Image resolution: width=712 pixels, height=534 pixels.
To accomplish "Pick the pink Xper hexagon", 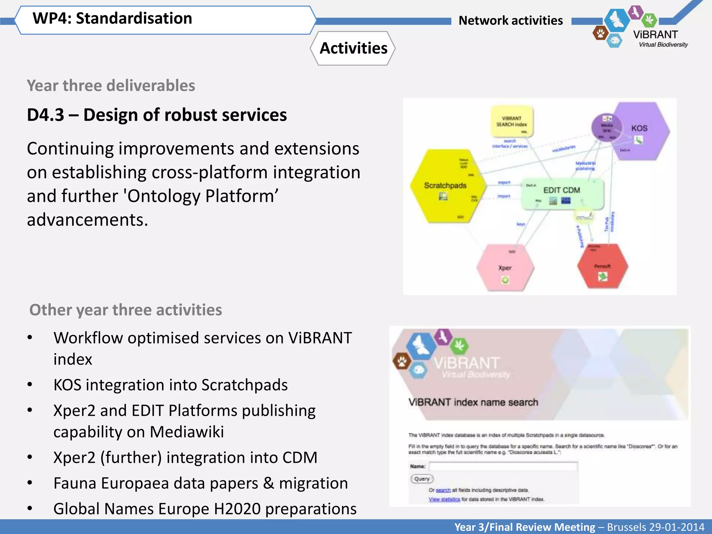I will pos(505,268).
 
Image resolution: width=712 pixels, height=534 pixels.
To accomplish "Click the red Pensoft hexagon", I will pos(602,266).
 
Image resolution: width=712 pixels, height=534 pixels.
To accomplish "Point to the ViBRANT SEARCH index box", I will pos(511,122).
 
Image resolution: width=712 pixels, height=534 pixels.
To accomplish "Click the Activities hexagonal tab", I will pos(353,48).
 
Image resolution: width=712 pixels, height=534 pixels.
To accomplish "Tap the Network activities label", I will pos(510,21).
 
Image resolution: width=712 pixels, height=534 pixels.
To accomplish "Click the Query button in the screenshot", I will pos(422,479).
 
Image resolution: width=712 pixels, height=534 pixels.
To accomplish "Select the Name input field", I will pos(503,466).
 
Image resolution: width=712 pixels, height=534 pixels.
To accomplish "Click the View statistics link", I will pos(444,499).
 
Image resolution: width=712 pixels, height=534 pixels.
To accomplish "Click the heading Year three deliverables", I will pos(111,86).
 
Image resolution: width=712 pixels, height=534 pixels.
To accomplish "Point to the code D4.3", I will pos(46,115).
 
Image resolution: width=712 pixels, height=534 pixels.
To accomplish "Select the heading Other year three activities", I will pos(126,310).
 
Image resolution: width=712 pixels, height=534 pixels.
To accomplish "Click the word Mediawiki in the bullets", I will pos(187,432).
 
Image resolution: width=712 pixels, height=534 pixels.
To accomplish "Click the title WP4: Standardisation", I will pos(112,18).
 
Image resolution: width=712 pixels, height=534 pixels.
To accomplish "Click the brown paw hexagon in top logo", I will pos(600,33).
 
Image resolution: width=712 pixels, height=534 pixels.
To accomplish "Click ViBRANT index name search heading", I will pos(473,402).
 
